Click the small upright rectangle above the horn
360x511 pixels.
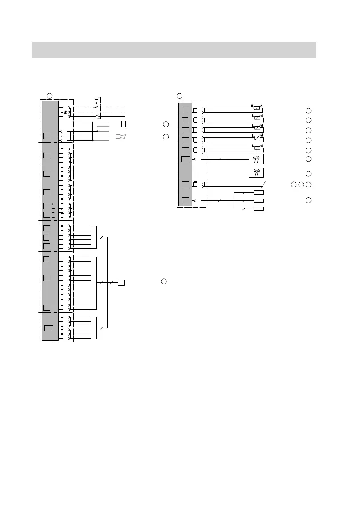124,124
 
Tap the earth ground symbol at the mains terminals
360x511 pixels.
65,112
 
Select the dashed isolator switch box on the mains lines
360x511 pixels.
97,108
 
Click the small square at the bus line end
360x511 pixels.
121,282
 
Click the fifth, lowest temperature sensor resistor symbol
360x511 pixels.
257,149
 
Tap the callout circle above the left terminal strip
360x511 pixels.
49,95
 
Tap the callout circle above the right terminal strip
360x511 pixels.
180,95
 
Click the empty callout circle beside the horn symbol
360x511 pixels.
166,137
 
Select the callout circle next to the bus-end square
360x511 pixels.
164,281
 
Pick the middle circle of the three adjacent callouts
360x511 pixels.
301,185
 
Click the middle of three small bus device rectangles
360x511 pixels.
259,200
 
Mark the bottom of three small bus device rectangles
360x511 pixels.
259,209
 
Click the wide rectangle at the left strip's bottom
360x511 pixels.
49,328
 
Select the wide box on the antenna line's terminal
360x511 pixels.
186,160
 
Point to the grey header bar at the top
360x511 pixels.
174,50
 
